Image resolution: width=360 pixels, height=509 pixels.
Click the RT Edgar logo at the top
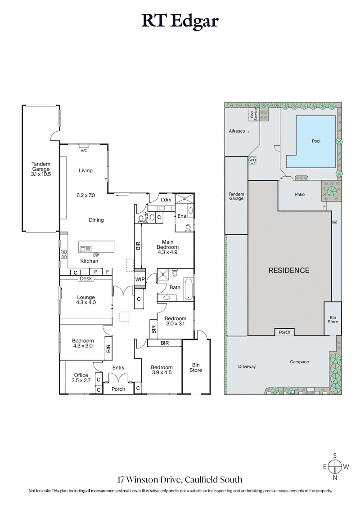pos(180,21)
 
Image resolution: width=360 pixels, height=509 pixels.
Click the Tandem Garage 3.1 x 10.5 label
pos(40,169)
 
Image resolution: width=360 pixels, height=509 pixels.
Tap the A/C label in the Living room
pos(84,151)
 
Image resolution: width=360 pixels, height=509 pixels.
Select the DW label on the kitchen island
pos(96,255)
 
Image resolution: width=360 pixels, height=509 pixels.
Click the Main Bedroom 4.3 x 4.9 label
pos(167,247)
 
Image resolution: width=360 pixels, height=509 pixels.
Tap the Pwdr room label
pos(146,218)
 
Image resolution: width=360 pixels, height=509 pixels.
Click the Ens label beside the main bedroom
pos(182,216)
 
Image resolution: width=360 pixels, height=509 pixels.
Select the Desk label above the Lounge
pos(85,279)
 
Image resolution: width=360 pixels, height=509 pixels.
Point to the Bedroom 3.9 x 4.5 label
pos(162,370)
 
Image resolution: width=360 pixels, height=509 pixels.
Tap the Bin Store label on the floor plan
pos(196,367)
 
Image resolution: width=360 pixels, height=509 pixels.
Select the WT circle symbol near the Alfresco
pos(252,160)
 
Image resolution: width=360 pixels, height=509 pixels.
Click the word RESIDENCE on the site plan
pos(289,270)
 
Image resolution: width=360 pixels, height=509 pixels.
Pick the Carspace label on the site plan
pos(299,362)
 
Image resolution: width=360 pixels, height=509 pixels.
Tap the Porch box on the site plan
pos(285,332)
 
